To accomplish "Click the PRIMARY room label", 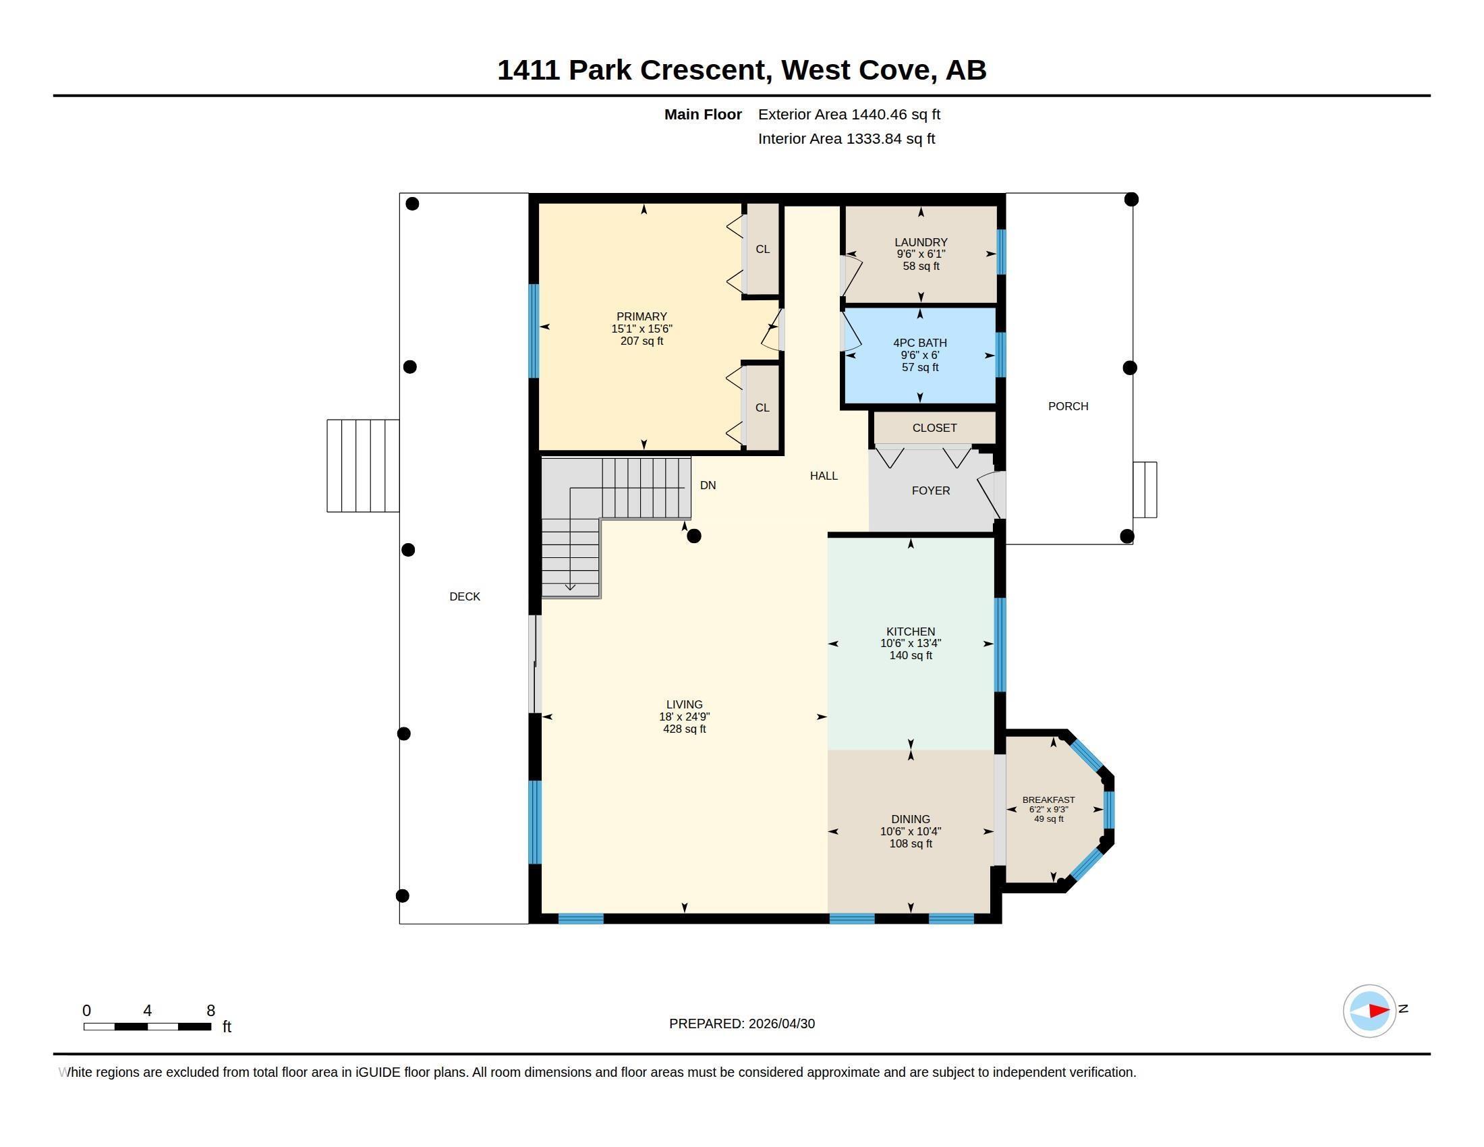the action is [641, 316].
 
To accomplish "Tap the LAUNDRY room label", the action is [921, 243].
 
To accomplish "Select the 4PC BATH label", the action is [920, 343].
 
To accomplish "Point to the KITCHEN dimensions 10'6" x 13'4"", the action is [911, 644].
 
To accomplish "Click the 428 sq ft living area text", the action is [684, 729].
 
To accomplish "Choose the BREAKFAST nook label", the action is [1048, 800].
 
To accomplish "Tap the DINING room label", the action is [911, 820].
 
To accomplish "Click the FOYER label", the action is [931, 491].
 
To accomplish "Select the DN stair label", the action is [708, 485].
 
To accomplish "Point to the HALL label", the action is [824, 476].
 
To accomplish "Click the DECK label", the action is [465, 596].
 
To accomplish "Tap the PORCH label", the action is [1068, 406].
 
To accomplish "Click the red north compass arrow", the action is [1379, 1011].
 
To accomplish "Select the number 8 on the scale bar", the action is [210, 1011].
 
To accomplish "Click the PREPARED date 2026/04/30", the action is [781, 1024].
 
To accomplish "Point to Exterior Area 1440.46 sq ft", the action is [849, 115].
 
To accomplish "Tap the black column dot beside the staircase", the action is [693, 536].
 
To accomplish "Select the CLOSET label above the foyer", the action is [934, 428].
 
